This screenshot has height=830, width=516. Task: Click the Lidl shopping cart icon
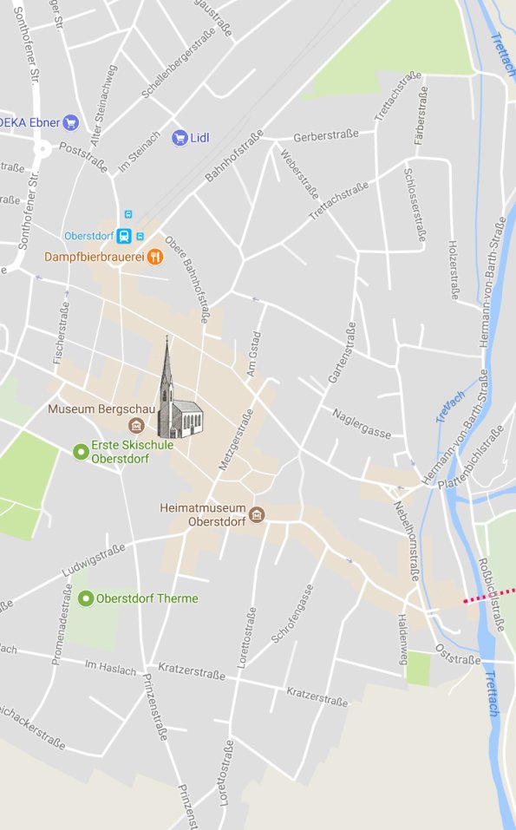(x=180, y=137)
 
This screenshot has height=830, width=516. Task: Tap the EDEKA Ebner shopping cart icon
(x=71, y=122)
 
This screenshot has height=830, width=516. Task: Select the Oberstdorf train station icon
(x=125, y=236)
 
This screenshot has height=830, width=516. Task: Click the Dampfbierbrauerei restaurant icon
(x=154, y=256)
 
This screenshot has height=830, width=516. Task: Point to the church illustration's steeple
(x=167, y=364)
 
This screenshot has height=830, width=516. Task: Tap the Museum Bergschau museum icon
(x=135, y=425)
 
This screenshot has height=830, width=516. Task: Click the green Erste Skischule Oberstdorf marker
(x=82, y=451)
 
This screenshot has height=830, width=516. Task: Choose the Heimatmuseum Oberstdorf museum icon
(x=257, y=516)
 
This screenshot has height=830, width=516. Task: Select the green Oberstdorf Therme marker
(x=86, y=598)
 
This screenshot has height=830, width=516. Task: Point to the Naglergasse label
(x=362, y=423)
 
